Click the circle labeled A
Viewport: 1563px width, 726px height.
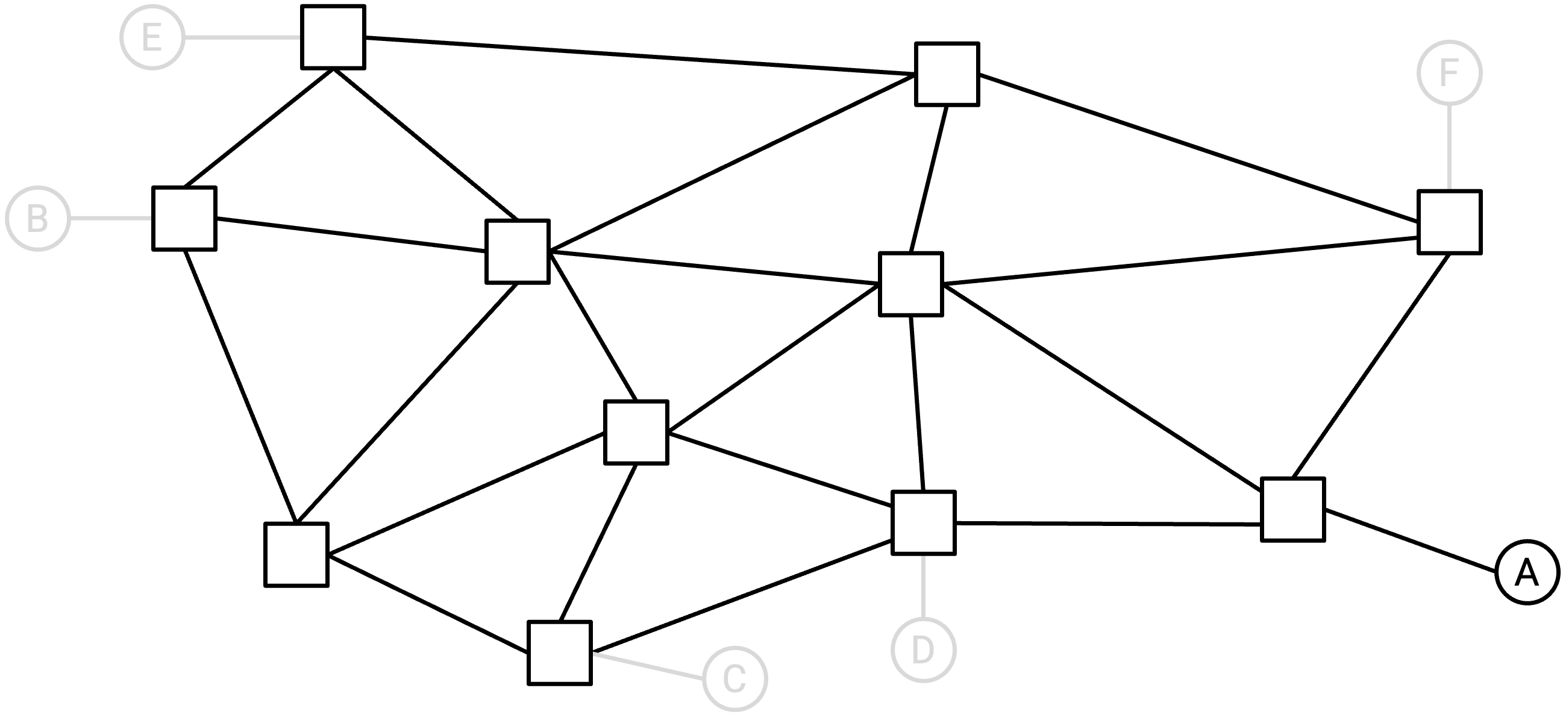pyautogui.click(x=1527, y=572)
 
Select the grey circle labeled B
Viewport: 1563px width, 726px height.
pyautogui.click(x=37, y=218)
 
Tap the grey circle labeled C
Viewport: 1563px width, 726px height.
pyautogui.click(x=735, y=678)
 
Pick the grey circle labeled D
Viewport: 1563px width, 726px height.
pyautogui.click(x=924, y=650)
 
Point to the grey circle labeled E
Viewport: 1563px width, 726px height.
pyautogui.click(x=152, y=37)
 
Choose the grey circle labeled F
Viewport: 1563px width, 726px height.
pyautogui.click(x=1450, y=73)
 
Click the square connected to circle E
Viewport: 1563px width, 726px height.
pyautogui.click(x=333, y=37)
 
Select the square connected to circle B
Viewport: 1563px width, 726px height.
pyautogui.click(x=184, y=218)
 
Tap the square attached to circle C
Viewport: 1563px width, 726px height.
pyautogui.click(x=560, y=653)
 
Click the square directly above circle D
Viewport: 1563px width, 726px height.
pyautogui.click(x=924, y=523)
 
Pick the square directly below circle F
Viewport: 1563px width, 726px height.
pyautogui.click(x=1450, y=222)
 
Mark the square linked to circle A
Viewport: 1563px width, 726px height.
pyautogui.click(x=1293, y=510)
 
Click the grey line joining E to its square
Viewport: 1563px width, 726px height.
pyautogui.click(x=243, y=37)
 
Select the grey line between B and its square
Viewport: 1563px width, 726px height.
pyautogui.click(x=111, y=218)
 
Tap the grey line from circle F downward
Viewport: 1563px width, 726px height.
pyautogui.click(x=1450, y=148)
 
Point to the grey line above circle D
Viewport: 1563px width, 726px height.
pyautogui.click(x=924, y=586)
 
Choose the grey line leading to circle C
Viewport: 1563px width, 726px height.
pyautogui.click(x=648, y=665)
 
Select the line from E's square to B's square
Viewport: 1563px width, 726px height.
pyautogui.click(x=258, y=128)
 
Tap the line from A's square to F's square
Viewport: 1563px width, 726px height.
pyautogui.click(x=1371, y=366)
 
